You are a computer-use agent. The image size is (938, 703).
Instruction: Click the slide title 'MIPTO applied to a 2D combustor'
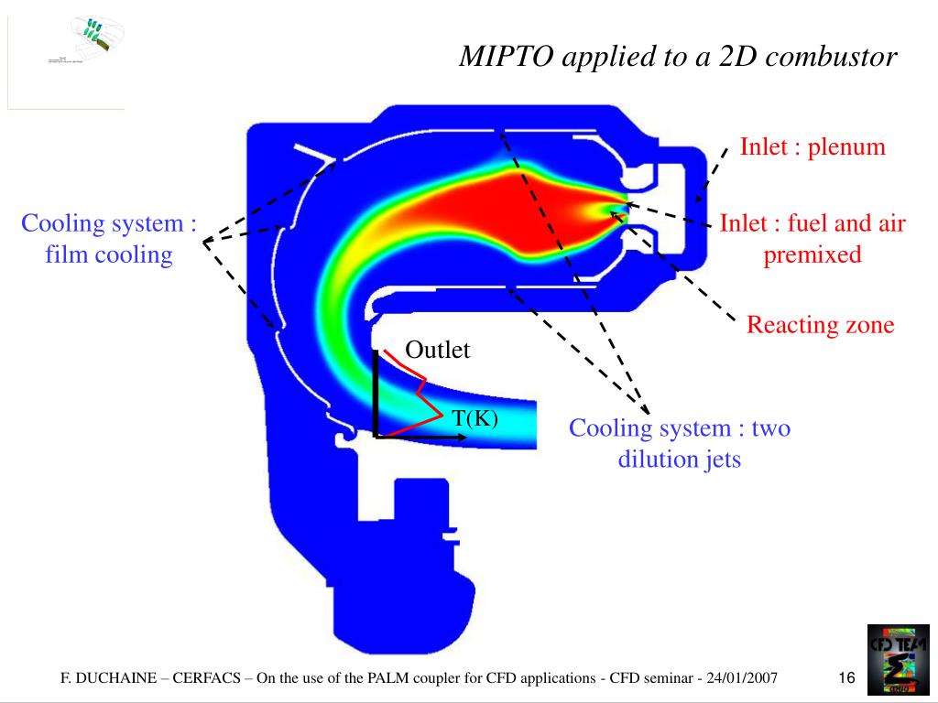tap(678, 57)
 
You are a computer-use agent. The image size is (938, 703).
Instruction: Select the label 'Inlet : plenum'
tap(813, 146)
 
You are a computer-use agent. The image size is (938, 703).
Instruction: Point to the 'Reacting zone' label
tap(820, 325)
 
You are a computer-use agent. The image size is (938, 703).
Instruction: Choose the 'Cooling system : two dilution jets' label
tap(680, 443)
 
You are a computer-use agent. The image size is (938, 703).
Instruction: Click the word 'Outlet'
tap(437, 350)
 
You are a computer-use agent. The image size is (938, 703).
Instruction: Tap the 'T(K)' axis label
tap(474, 418)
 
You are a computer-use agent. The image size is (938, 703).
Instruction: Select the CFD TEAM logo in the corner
tap(898, 657)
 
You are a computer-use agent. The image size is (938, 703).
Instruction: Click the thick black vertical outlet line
tap(376, 394)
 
